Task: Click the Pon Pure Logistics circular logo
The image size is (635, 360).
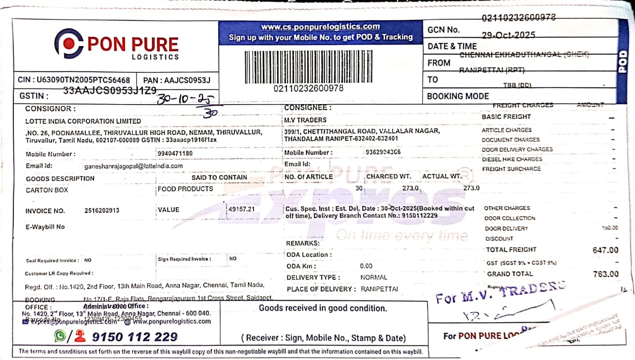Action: [x=68, y=44]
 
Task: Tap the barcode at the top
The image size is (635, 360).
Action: [x=308, y=67]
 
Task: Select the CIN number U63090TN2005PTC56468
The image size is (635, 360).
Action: [x=81, y=80]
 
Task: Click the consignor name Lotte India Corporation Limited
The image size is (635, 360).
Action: [x=83, y=121]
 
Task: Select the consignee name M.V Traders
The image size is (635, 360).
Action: [x=305, y=120]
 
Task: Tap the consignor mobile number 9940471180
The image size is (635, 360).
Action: [x=175, y=154]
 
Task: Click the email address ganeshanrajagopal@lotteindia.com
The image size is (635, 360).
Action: [x=133, y=166]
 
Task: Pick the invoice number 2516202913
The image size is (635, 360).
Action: [x=102, y=211]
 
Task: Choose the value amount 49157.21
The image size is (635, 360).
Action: [x=241, y=209]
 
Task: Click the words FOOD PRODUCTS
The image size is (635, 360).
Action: [x=185, y=189]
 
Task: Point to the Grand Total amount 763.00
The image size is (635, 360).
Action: [x=606, y=274]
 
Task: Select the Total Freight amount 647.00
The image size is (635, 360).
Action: [x=605, y=250]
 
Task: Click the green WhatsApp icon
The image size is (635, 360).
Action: [x=60, y=336]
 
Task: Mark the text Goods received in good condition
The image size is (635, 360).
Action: [x=323, y=308]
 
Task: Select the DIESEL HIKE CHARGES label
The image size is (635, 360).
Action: [x=512, y=159]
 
